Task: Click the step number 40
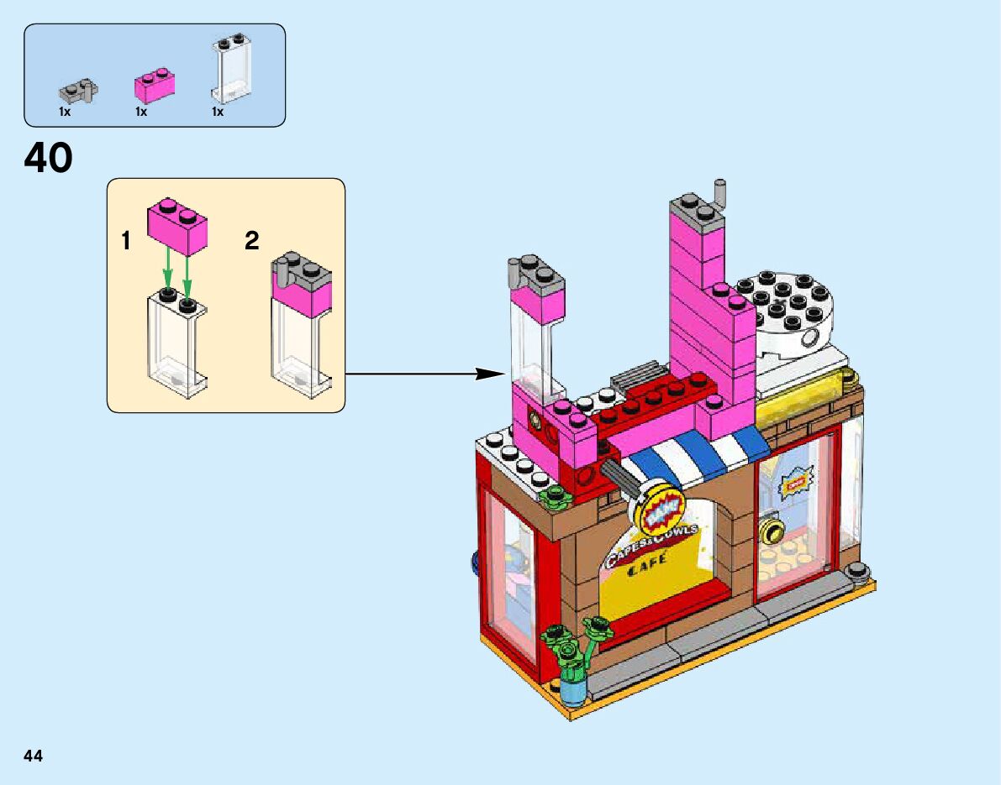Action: pyautogui.click(x=49, y=158)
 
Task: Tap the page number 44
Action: pyautogui.click(x=34, y=756)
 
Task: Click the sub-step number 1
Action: pyautogui.click(x=126, y=242)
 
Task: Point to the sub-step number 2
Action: pyautogui.click(x=251, y=242)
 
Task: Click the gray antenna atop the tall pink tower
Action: pyautogui.click(x=719, y=193)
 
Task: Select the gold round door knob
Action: pyautogui.click(x=769, y=529)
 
